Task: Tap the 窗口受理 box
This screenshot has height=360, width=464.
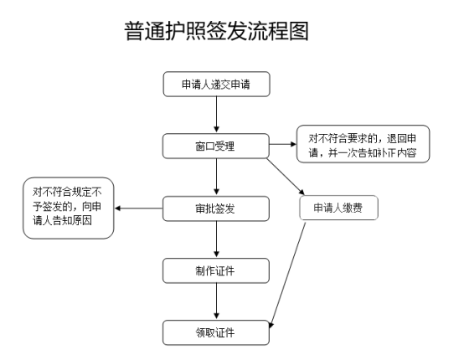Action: (x=216, y=146)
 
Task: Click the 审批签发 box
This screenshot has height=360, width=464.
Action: (x=216, y=208)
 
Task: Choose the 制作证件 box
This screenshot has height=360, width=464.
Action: (x=216, y=270)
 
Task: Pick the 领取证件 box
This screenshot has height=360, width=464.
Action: (x=216, y=331)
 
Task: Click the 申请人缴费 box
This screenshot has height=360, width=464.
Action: (x=338, y=208)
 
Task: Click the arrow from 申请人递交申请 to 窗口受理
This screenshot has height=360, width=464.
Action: (x=216, y=116)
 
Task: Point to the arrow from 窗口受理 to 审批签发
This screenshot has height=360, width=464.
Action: (x=216, y=177)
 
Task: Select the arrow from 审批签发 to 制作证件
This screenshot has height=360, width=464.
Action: (x=216, y=239)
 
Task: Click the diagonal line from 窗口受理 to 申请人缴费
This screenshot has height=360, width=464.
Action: (x=289, y=173)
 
